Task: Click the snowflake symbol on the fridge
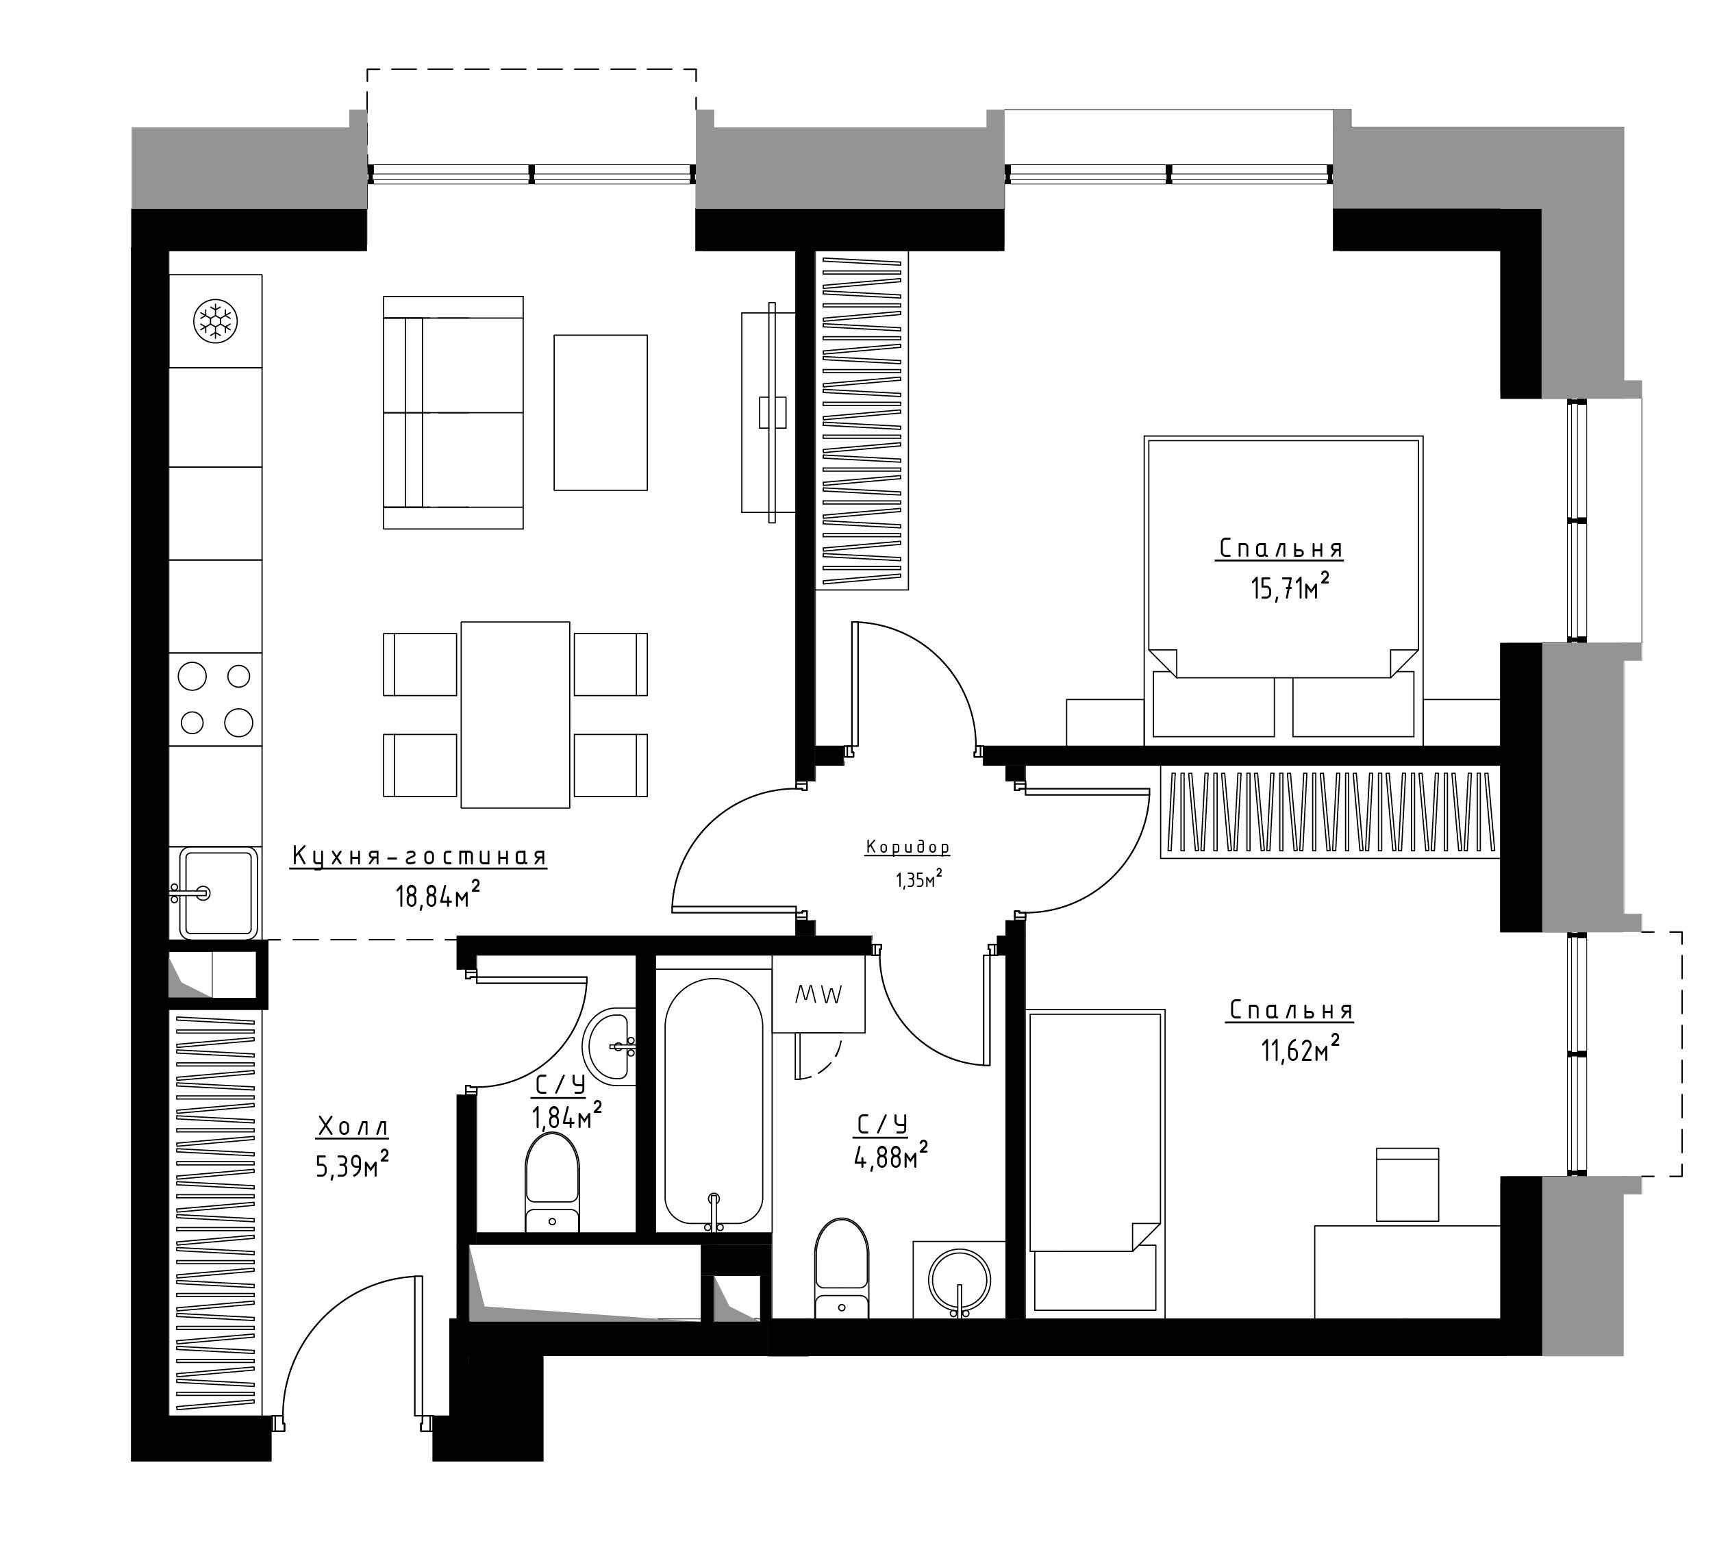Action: tap(215, 321)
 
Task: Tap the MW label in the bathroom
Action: tap(818, 996)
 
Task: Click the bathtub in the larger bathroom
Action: tap(713, 1101)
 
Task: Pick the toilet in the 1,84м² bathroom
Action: tap(552, 1182)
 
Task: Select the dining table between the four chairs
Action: tap(515, 714)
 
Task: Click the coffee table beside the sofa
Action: tap(600, 412)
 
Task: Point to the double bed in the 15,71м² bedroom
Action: tap(1284, 591)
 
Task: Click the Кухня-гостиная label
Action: tap(419, 856)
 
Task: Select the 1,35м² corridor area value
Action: tap(919, 879)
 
